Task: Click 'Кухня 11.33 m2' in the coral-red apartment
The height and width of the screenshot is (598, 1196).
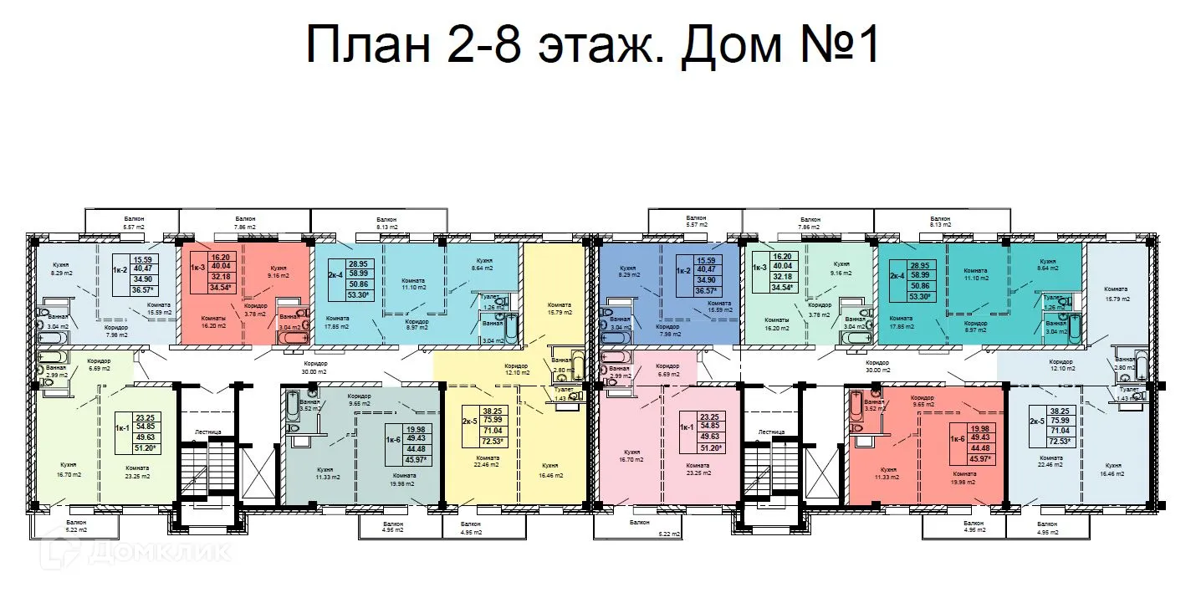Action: [889, 473]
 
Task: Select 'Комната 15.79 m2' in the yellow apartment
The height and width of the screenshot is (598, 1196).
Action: [559, 308]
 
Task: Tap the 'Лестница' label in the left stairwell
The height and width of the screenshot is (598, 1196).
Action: [207, 432]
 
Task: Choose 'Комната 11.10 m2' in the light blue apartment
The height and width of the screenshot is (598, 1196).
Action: [414, 283]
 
